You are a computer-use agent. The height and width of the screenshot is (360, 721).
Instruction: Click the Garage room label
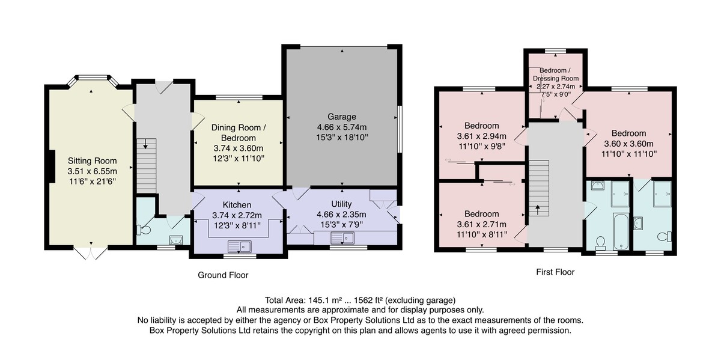pyautogui.click(x=342, y=117)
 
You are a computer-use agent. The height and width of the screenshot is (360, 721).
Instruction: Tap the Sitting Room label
pyautogui.click(x=92, y=160)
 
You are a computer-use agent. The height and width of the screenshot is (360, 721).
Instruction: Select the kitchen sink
pyautogui.click(x=240, y=246)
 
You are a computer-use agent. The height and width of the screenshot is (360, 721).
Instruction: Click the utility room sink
pyautogui.click(x=342, y=238)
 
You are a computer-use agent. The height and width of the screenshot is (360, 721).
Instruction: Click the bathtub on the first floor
pyautogui.click(x=621, y=231)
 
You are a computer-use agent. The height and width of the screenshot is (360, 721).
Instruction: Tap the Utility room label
pyautogui.click(x=341, y=204)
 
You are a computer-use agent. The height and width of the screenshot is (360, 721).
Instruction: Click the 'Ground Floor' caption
pyautogui.click(x=223, y=275)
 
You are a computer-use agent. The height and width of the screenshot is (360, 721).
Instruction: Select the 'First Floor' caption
pyautogui.click(x=555, y=272)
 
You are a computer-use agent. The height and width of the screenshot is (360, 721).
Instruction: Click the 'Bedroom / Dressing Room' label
pyautogui.click(x=556, y=75)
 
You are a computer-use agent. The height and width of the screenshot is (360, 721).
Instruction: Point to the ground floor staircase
pyautogui.click(x=147, y=166)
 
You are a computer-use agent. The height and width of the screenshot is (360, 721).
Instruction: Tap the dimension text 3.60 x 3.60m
pyautogui.click(x=629, y=144)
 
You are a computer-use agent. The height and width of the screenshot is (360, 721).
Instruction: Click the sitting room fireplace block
pyautogui.click(x=52, y=166)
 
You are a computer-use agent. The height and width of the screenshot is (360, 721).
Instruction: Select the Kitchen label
pyautogui.click(x=237, y=205)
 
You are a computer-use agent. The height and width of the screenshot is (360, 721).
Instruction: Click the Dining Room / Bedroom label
pyautogui.click(x=239, y=133)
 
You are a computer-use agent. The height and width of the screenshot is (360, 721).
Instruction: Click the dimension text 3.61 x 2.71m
pyautogui.click(x=481, y=224)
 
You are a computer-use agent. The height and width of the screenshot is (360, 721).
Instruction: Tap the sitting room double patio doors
pyautogui.click(x=91, y=254)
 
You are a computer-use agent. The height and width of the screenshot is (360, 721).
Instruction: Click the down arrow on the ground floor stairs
pyautogui.click(x=145, y=144)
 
